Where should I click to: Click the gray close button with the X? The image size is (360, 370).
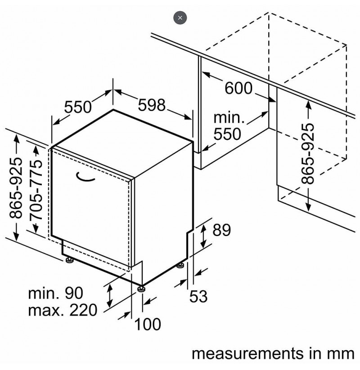point(180,18)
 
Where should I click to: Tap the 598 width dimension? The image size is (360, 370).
point(151,105)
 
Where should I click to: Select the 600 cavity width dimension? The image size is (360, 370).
point(238,88)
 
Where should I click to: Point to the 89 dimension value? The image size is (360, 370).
point(221,230)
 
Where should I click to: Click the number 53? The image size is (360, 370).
point(198,296)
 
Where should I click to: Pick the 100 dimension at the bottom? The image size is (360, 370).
point(148,324)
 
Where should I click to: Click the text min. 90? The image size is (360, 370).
point(55,293)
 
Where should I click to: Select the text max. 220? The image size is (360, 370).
point(63,310)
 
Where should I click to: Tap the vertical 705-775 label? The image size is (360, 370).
point(36,190)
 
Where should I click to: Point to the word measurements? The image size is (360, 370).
point(247,354)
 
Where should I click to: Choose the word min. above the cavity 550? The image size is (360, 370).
point(229,118)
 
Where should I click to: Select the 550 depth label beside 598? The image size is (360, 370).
point(78,107)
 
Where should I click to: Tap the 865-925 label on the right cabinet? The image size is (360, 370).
point(308,154)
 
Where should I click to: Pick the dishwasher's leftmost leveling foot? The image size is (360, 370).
point(70,259)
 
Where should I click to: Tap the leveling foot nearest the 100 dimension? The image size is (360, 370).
point(141,289)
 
